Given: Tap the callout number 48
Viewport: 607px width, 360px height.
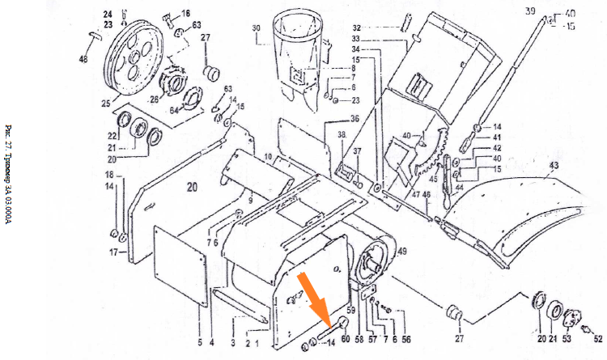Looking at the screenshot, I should coord(83,59).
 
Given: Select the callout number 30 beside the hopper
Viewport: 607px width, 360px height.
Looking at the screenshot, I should coord(256,28).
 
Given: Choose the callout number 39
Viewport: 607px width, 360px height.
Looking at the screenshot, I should coord(530,11).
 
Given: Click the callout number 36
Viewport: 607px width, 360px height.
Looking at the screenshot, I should coord(354,119).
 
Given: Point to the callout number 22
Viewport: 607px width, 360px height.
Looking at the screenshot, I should coord(112,135).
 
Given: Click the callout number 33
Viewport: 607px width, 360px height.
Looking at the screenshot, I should coord(354,40).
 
